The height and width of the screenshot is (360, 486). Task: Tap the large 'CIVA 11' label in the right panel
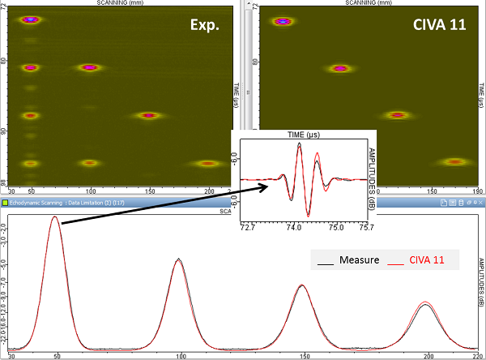(x=437, y=26)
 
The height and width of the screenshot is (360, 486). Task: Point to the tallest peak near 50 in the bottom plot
(x=55, y=217)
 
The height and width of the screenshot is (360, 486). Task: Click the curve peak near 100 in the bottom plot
(x=179, y=259)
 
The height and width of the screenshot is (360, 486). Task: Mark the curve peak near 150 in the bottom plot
(x=301, y=285)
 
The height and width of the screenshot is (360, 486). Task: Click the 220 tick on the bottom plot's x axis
(x=471, y=355)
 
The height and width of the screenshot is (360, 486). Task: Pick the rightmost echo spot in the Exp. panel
(x=208, y=163)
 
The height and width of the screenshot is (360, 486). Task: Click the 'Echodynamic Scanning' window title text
(x=40, y=202)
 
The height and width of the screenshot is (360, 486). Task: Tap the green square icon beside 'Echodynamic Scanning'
(x=5, y=202)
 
